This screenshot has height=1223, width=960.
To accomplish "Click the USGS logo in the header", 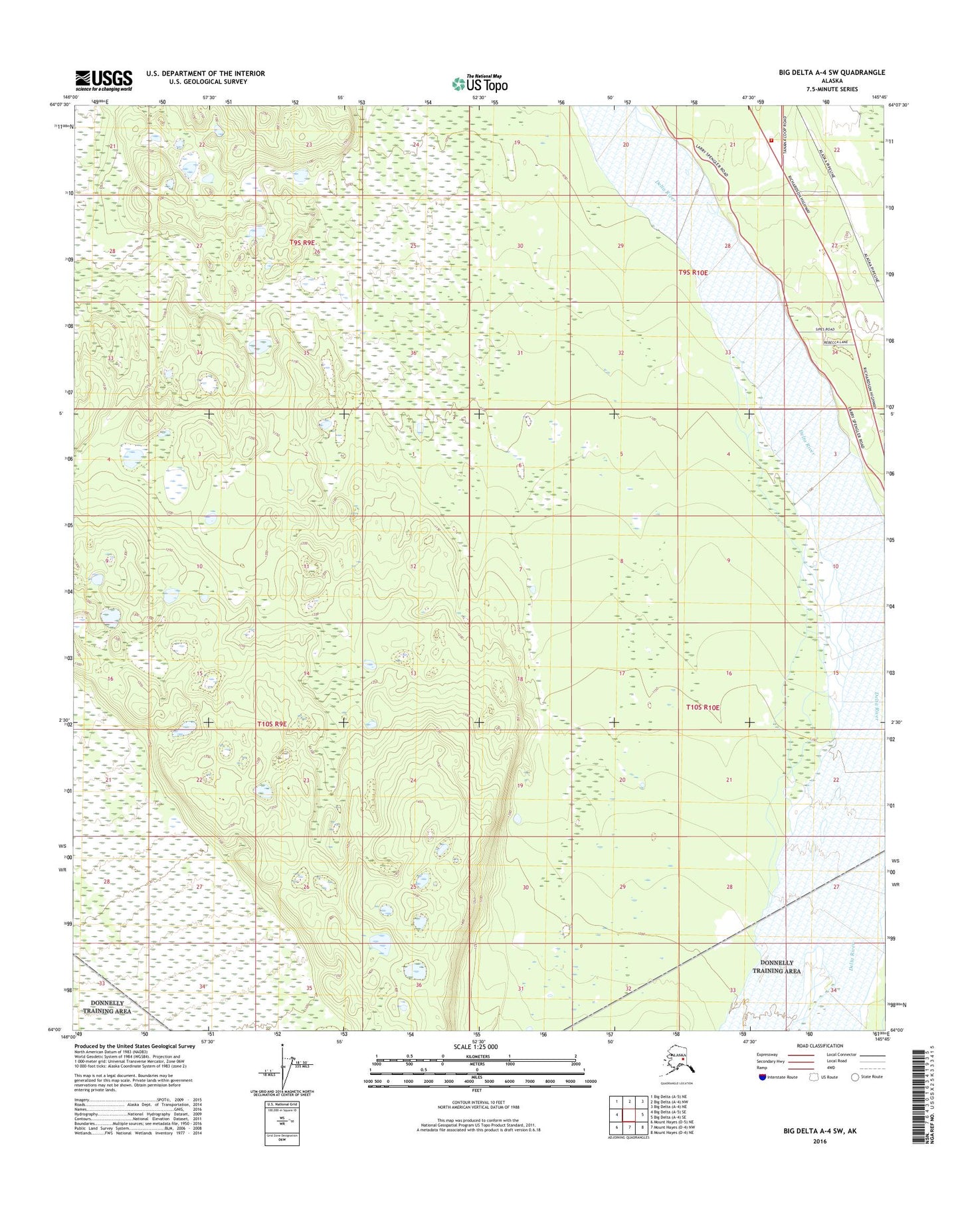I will point(103,80).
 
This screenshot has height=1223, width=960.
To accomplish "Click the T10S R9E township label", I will point(272,724).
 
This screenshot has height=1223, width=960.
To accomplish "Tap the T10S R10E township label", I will point(702,708).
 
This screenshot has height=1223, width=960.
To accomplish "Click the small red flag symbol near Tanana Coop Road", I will point(771,141).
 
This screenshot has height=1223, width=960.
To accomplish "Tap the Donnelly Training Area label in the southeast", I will point(776,967).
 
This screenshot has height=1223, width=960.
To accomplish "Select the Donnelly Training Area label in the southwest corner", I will point(106,1007).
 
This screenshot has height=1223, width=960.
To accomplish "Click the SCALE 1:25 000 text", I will point(476,1047).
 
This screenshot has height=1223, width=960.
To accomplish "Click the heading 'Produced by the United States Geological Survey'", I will point(135,1046).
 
